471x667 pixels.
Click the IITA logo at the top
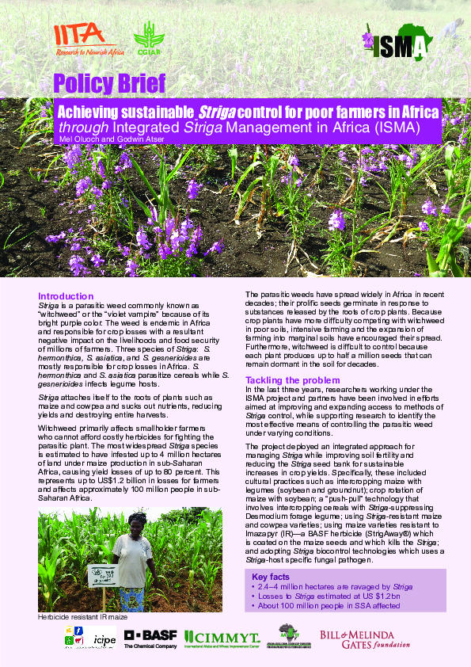(85, 39)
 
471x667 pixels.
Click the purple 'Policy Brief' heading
(109, 82)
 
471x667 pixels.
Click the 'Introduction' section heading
(66, 296)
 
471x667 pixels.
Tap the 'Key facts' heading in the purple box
(271, 576)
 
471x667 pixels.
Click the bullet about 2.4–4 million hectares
(332, 586)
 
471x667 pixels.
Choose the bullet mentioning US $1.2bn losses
(325, 596)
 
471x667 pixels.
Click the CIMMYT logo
(222, 638)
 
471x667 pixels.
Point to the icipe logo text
(104, 639)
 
